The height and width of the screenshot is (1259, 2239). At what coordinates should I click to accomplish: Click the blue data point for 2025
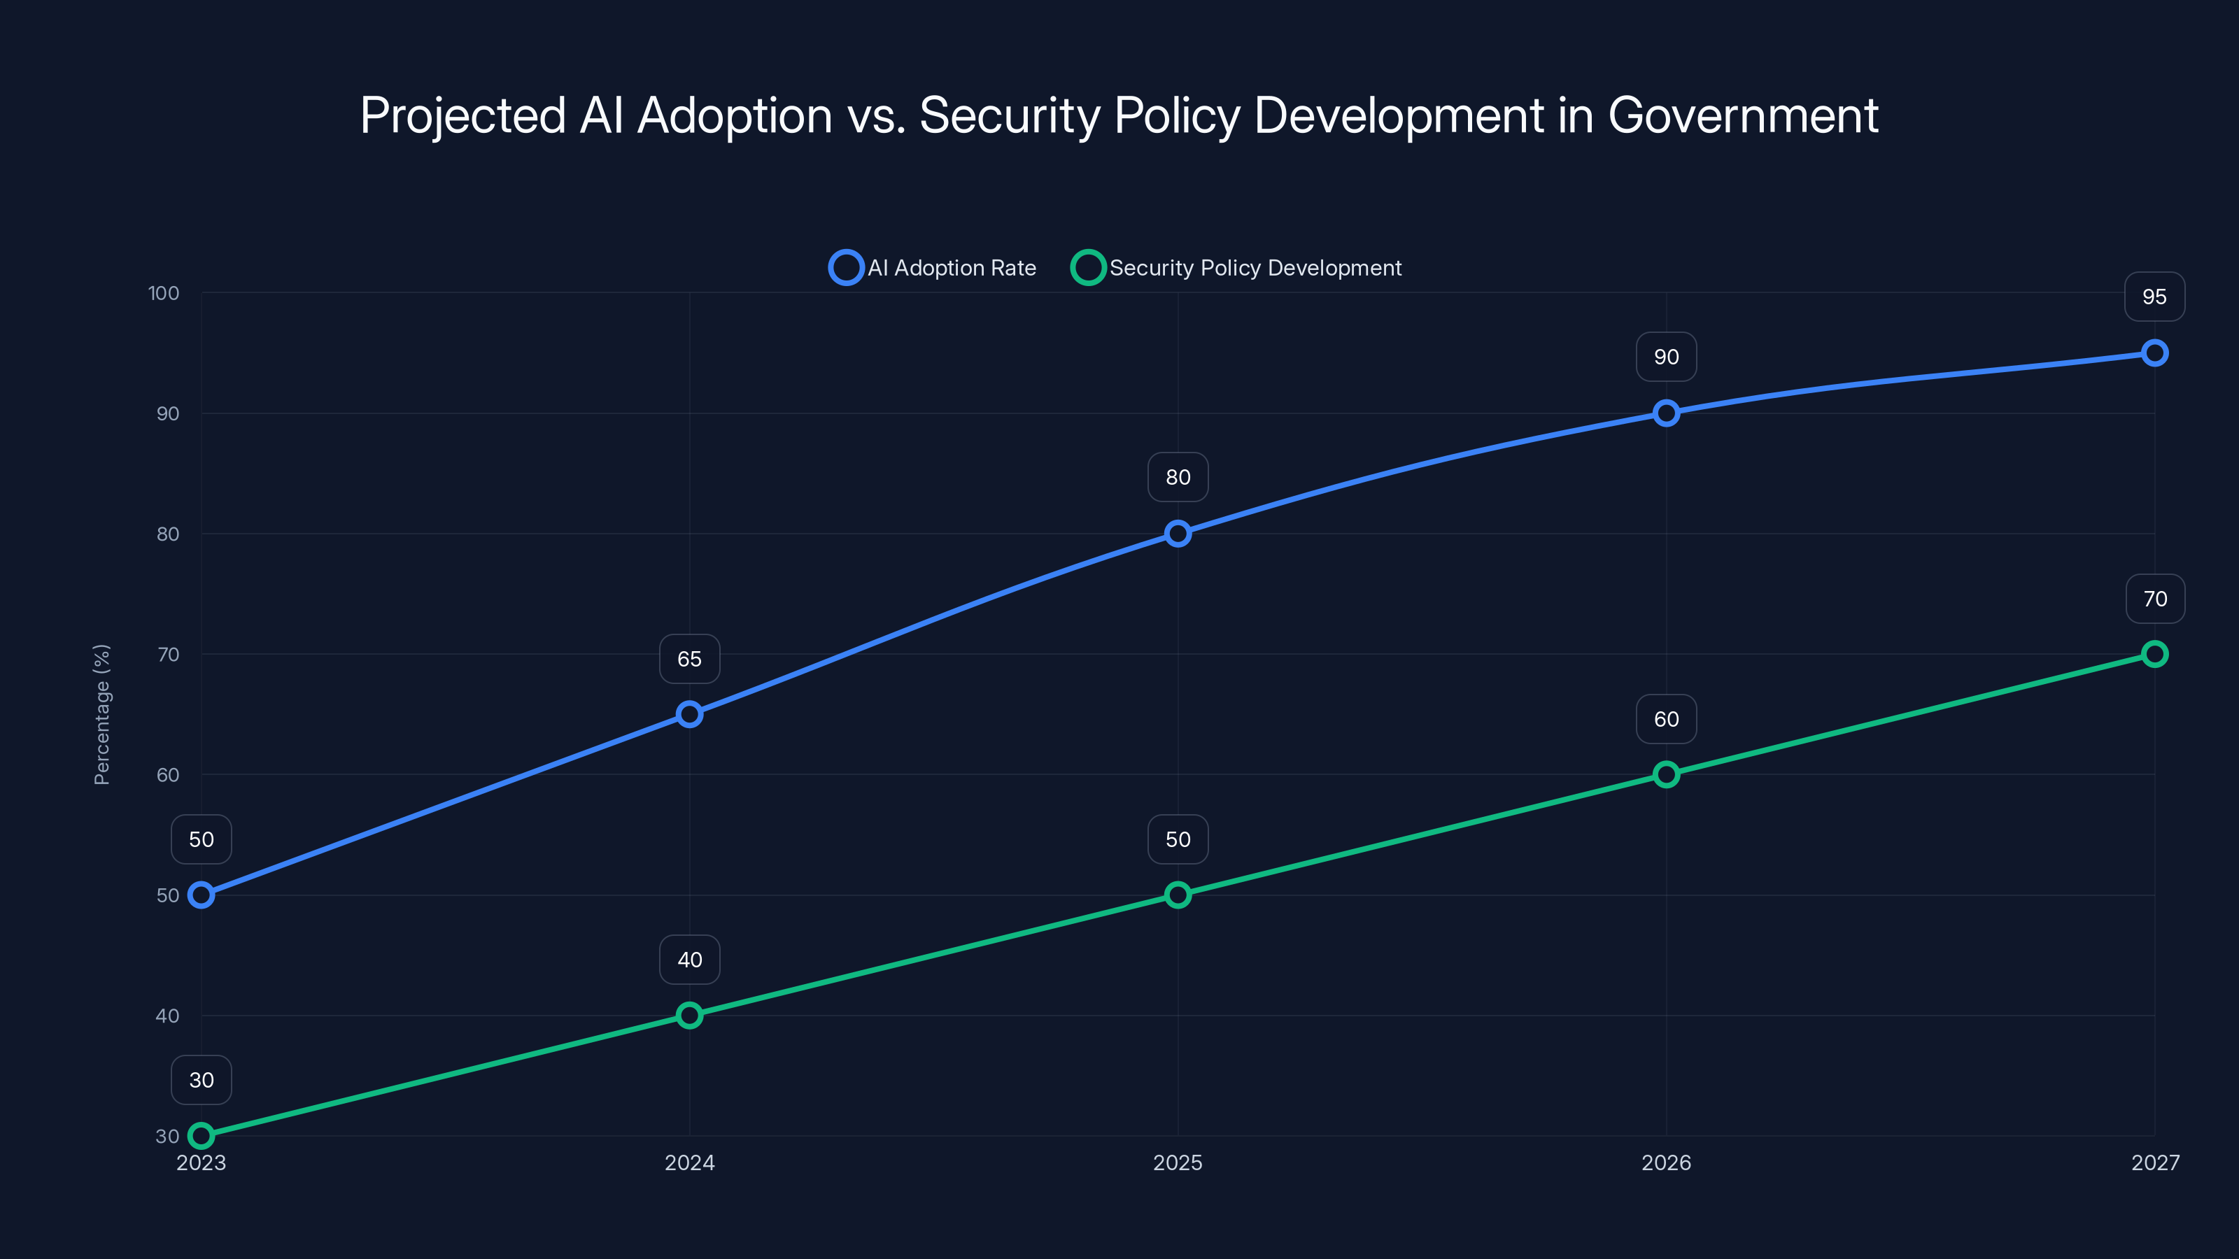(x=1178, y=534)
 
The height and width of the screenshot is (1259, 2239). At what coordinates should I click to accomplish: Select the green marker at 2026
(x=1666, y=774)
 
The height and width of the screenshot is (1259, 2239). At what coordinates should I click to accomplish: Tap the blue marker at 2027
(x=2155, y=353)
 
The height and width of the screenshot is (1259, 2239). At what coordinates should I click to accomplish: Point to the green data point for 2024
(x=689, y=1015)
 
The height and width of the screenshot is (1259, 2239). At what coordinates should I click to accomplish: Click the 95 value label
(x=2155, y=297)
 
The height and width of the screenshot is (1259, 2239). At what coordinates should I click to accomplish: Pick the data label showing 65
(x=689, y=660)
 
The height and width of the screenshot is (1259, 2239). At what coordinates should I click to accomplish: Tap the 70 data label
(x=2155, y=599)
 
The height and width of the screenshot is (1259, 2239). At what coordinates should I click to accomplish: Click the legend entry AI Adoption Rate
(x=933, y=268)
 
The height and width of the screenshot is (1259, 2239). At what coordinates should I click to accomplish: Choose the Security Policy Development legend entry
(x=1237, y=268)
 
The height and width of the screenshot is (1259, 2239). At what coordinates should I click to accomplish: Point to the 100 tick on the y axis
(x=164, y=294)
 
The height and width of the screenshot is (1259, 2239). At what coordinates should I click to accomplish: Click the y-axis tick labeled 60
(x=168, y=775)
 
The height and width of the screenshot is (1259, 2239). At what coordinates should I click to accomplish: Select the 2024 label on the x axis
(x=689, y=1162)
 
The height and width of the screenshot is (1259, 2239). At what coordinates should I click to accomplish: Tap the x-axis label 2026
(x=1666, y=1162)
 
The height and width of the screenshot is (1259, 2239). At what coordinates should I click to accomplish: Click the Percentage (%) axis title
(x=101, y=714)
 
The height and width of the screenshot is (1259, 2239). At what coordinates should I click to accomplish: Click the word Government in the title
(x=1743, y=115)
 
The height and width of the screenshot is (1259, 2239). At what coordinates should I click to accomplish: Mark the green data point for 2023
(x=201, y=1136)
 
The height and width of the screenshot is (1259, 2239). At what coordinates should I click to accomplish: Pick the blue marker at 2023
(x=201, y=895)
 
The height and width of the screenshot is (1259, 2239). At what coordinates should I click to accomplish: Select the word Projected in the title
(x=463, y=115)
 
